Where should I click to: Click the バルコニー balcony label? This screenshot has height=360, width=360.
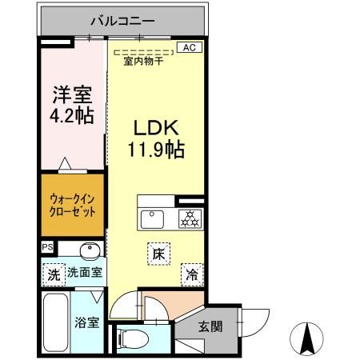coord(122,19)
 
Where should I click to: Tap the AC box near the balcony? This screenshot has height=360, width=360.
coord(189,48)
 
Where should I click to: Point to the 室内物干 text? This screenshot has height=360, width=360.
coord(144,62)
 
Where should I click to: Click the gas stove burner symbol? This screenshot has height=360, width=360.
coord(190,217)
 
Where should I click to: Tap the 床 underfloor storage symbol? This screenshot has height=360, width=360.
coord(158,254)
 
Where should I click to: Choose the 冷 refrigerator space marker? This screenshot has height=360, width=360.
coord(191,274)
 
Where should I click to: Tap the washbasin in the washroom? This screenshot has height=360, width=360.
coord(90,250)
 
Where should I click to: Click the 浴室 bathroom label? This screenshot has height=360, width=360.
coord(86,323)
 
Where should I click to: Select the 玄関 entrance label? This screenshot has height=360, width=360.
coord(211,326)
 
